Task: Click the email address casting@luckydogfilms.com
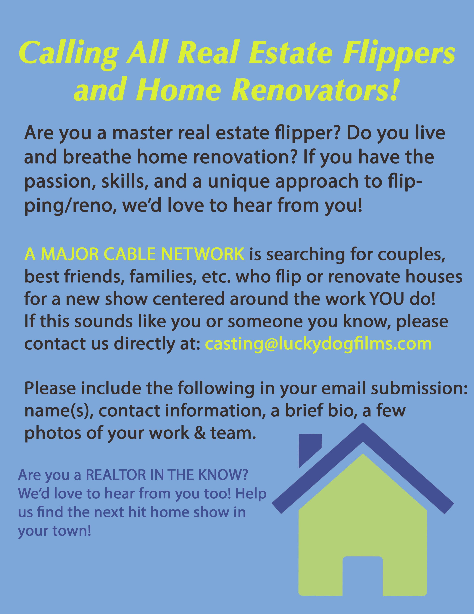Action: click(x=319, y=344)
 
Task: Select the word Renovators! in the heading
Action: click(x=315, y=91)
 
